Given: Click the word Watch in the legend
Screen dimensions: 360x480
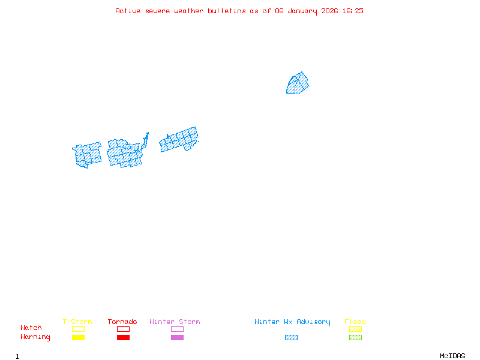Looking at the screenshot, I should (31, 328).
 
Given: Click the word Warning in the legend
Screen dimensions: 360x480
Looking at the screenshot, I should (35, 337).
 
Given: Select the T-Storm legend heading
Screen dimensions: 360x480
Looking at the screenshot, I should (77, 322).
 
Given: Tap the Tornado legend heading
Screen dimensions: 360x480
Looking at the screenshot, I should (122, 322).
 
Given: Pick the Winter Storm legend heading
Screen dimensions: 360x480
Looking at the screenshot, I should (175, 322).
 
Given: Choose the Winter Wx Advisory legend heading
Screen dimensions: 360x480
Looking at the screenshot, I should (292, 322).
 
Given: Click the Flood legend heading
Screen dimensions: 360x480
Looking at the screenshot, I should (355, 322).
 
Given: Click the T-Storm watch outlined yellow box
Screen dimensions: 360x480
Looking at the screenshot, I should (78, 329).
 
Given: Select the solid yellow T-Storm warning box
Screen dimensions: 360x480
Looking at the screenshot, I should (78, 338).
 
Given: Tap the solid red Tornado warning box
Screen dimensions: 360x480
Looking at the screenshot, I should (123, 338).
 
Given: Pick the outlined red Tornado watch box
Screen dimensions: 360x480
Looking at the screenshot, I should (123, 329).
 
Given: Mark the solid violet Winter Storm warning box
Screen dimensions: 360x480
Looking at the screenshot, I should (177, 338).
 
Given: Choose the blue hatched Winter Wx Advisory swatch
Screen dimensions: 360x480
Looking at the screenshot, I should (291, 338).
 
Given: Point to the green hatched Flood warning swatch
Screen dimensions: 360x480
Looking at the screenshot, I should (355, 338).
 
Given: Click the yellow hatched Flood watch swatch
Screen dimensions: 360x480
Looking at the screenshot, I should (355, 329).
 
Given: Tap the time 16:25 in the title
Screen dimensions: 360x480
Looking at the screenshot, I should (353, 11).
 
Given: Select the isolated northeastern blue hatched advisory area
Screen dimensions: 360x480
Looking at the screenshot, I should (298, 83).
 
